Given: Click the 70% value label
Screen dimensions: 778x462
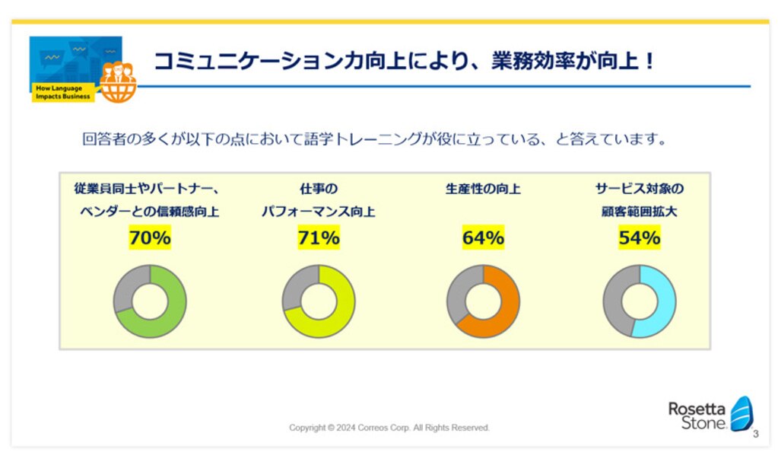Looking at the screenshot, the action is pos(150,237).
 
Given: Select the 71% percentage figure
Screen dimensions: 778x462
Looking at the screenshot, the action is pos(319,237).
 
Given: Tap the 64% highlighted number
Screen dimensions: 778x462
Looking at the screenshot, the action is pos(483,237).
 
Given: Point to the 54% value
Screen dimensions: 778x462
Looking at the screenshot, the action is pos(639,237).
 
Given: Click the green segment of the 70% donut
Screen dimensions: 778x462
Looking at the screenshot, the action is pos(173,318).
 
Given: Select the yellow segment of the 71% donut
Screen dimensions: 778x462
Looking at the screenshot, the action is pos(342,318).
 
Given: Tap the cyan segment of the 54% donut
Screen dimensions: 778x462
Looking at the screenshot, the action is pos(665,303).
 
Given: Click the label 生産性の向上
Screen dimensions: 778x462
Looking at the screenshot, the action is pos(483,189).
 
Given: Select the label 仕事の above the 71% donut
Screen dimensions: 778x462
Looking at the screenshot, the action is pos(319,189).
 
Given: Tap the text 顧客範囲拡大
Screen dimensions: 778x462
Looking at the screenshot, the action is pos(639,212).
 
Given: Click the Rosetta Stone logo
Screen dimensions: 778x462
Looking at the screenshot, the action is pos(710,414).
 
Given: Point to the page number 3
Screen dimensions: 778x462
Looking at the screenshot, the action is pos(756,434).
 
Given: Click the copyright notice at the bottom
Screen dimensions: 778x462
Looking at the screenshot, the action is pos(389,428).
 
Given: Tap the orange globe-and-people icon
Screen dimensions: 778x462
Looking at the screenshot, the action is pos(118,82).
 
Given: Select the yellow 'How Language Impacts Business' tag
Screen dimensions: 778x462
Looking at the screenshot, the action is pos(63,92).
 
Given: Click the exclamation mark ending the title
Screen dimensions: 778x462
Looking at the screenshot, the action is pos(650,61).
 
